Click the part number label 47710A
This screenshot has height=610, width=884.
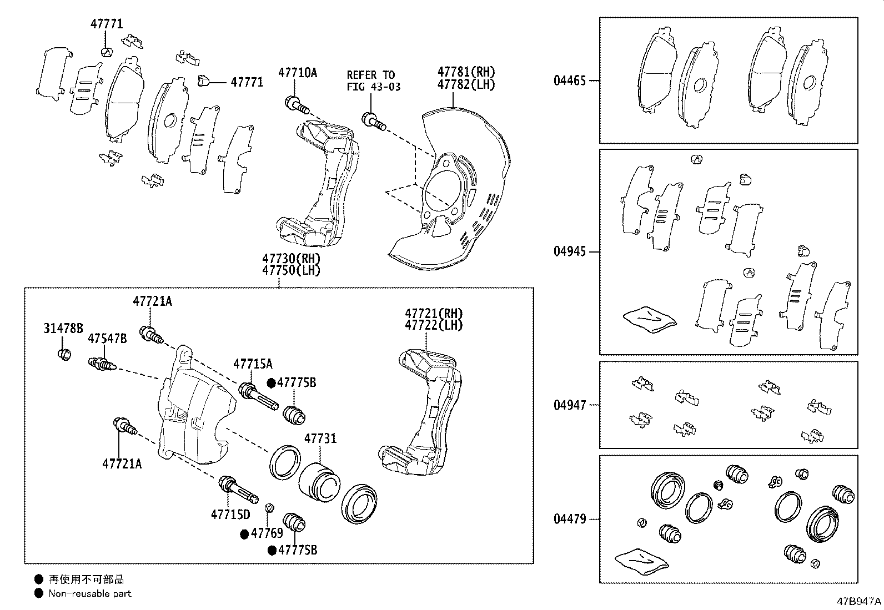298,72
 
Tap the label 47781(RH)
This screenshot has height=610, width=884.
466,72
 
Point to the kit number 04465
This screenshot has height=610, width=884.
569,80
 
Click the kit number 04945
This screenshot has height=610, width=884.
569,251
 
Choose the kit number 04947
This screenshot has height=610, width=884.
569,405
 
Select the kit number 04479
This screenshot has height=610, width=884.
569,520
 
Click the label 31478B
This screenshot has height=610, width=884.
63,329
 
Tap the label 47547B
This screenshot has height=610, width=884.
107,339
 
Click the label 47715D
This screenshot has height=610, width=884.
230,515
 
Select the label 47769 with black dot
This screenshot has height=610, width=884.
262,534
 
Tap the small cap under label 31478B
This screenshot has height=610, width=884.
64,354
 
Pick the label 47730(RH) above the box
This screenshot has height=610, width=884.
292,259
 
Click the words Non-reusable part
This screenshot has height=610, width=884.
90,593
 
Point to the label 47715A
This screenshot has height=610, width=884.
253,364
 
